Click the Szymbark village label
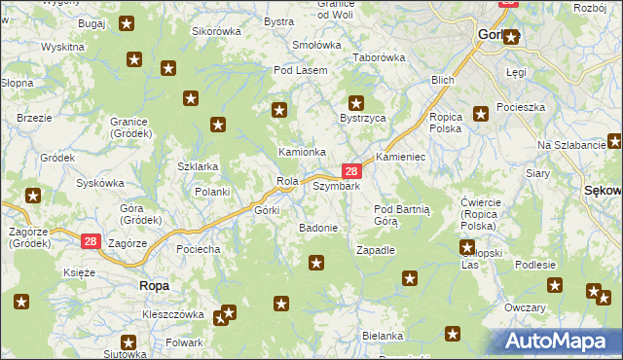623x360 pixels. (336, 186)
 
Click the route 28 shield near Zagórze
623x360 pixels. (90, 240)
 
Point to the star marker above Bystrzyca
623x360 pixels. (356, 101)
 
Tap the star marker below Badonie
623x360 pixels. (316, 262)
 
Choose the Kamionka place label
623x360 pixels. (302, 152)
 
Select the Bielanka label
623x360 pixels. (382, 336)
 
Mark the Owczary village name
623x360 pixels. (525, 307)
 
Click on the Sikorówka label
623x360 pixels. (215, 31)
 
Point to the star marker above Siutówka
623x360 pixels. (128, 342)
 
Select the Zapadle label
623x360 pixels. (376, 250)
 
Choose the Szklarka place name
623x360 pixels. (197, 166)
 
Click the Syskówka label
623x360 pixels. (100, 183)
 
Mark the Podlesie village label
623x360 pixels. (535, 265)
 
